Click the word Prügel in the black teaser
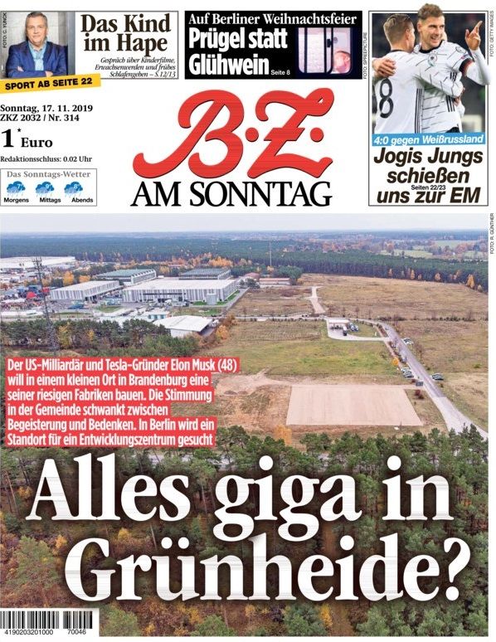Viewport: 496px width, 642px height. tap(216, 38)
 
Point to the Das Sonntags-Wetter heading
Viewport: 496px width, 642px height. tap(49, 175)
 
